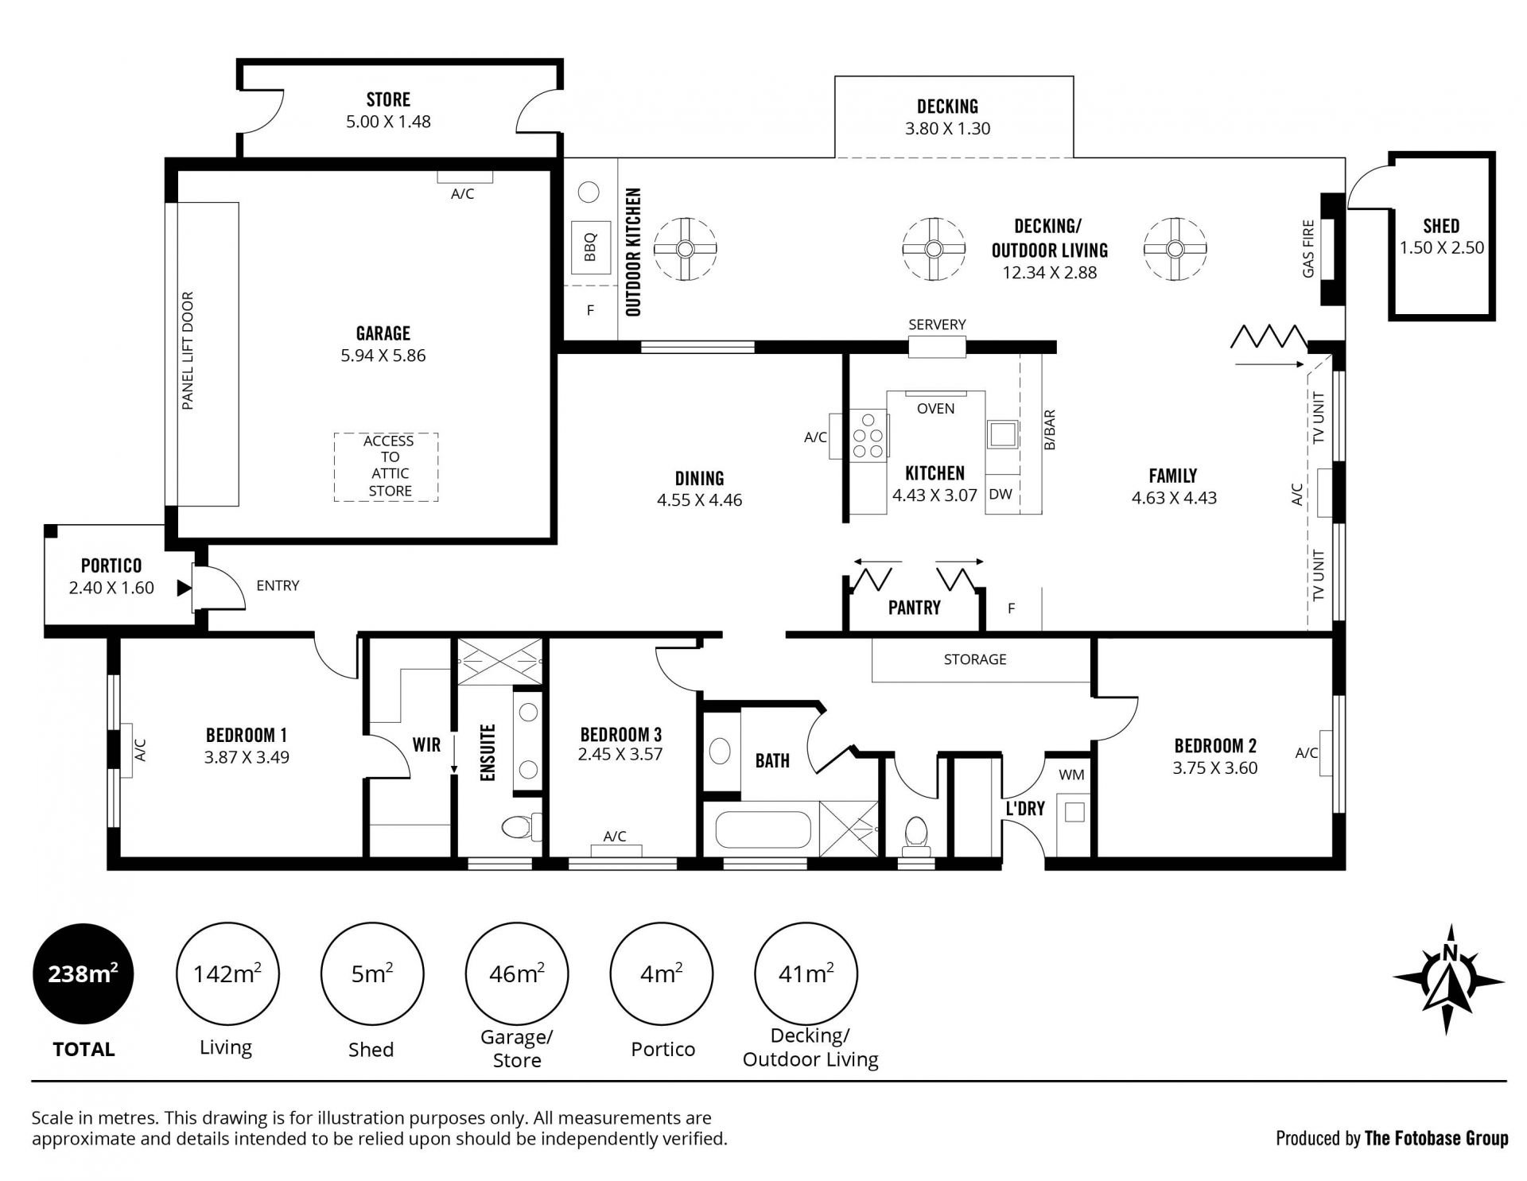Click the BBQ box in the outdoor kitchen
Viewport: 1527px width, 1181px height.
589,247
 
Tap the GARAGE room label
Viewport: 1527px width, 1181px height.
383,333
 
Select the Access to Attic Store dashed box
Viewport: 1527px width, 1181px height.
386,467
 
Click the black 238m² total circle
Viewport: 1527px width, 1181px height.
84,973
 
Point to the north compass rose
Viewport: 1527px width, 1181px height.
1449,979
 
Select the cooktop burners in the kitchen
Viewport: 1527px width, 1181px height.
868,436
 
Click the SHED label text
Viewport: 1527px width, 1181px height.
1441,226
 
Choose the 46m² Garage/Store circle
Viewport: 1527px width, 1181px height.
517,973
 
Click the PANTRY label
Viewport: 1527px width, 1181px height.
915,608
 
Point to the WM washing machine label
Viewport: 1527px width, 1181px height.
1071,775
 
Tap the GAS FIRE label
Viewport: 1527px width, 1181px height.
1308,249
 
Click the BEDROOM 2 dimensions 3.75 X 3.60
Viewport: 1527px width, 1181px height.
1215,768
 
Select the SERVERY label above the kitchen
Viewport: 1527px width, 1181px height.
937,324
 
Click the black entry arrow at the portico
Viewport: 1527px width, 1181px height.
184,589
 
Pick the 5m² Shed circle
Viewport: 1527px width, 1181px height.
372,973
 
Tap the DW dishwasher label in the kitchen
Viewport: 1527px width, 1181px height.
1001,495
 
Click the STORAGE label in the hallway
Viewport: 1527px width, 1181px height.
975,659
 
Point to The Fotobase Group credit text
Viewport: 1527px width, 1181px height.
1436,1139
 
